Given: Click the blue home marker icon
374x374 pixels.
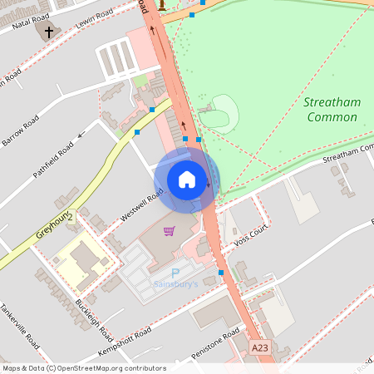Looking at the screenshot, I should [187, 179].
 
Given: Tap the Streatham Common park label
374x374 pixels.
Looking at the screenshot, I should [332, 110].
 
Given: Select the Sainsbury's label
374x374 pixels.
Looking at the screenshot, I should [175, 284].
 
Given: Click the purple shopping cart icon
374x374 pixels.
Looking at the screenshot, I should [170, 230].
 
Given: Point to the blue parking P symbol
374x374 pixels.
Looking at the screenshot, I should [175, 273].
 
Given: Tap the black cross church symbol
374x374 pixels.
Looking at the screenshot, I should [48, 32].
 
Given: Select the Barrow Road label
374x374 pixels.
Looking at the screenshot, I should [20, 131].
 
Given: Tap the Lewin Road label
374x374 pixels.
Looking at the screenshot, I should [93, 20].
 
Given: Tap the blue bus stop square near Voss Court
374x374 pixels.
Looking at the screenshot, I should [221, 272].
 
